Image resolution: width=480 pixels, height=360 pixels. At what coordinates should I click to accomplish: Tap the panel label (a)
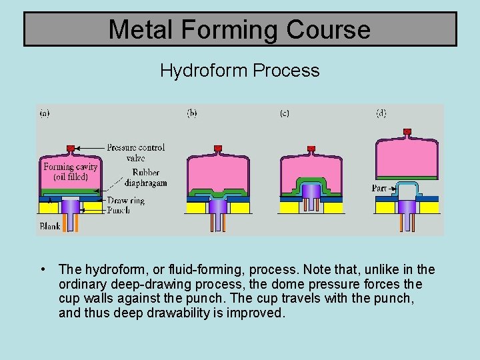[x=45, y=113]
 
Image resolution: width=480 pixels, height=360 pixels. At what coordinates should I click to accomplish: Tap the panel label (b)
[x=192, y=113]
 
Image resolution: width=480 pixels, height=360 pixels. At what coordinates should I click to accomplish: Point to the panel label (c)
[x=284, y=113]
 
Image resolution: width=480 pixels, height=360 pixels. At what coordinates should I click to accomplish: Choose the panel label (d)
[x=381, y=113]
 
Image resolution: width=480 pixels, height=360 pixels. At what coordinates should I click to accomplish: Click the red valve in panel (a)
[x=71, y=147]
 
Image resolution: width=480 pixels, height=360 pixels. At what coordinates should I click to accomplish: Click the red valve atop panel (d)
[x=407, y=131]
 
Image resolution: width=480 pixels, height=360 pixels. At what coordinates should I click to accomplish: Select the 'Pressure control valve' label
[x=135, y=153]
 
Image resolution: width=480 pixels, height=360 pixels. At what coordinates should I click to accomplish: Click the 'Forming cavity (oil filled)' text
[x=71, y=171]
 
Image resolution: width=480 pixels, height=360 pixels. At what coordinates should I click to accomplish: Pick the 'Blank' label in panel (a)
[x=50, y=226]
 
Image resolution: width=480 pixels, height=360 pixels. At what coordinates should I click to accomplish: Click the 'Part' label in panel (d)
[x=379, y=189]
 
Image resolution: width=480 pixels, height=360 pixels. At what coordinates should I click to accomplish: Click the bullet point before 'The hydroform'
[x=43, y=270]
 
